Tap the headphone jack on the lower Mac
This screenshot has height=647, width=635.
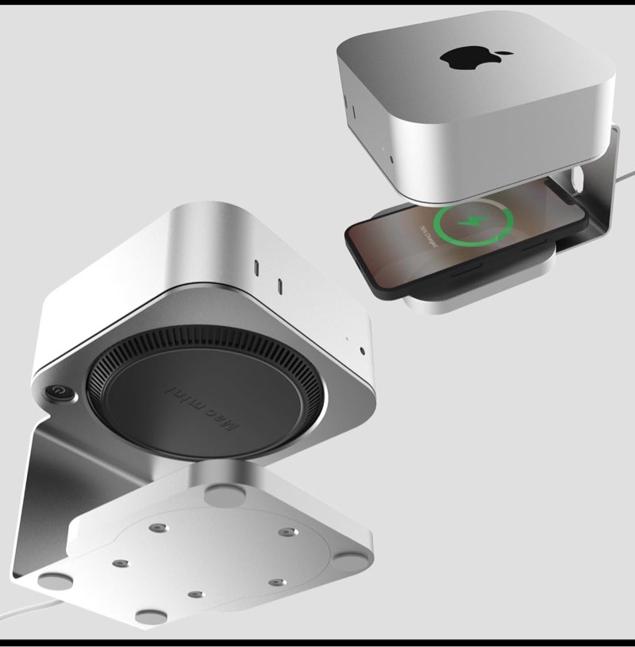[362, 350]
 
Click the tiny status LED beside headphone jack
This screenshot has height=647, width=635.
[346, 342]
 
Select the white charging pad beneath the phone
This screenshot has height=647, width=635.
[444, 298]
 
